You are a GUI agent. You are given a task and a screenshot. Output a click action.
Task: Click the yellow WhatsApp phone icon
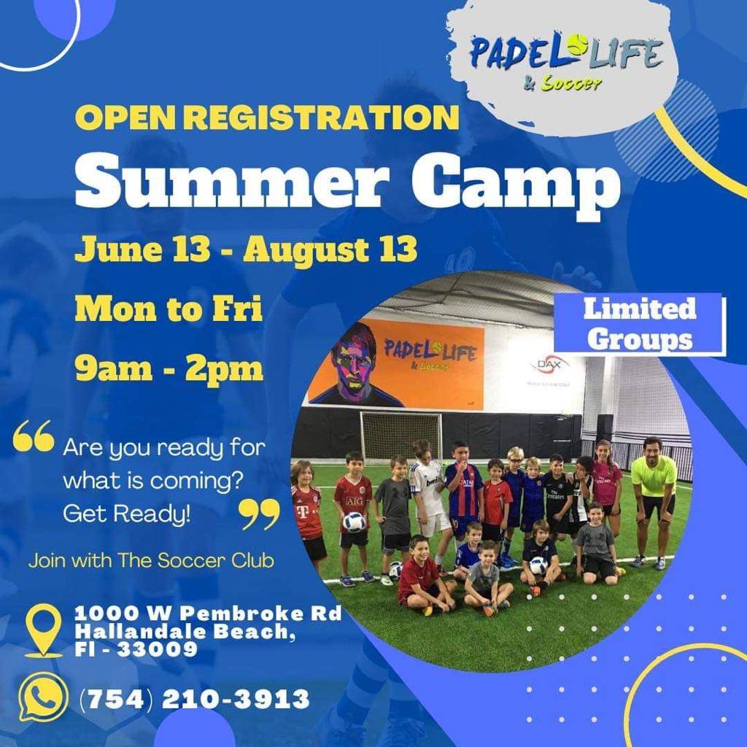42,697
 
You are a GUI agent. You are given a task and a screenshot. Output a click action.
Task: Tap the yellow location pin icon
43,630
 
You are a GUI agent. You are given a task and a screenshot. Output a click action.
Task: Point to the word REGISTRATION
322,117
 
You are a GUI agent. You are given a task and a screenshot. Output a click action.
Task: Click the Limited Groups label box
640,325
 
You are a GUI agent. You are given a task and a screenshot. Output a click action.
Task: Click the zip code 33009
157,649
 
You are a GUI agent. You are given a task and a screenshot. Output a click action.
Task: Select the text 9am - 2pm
169,368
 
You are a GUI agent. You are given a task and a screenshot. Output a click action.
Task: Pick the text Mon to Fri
169,309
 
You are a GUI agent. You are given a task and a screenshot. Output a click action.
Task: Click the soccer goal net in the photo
400,436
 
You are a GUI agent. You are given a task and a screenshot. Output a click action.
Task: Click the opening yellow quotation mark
34,436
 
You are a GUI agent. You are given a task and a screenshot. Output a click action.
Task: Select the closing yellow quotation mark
259,514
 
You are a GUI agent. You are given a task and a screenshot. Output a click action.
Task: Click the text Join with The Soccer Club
151,560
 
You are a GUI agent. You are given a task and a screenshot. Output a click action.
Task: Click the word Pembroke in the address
241,613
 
